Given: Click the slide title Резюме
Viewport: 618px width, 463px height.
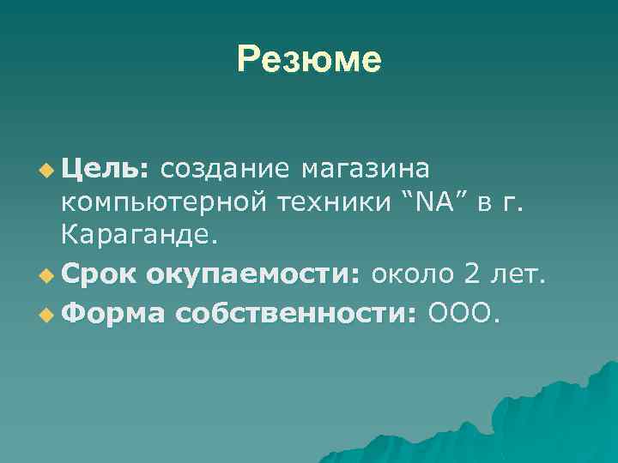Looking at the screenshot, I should coord(309,59).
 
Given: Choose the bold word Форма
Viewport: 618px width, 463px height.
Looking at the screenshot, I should coord(113,315).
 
